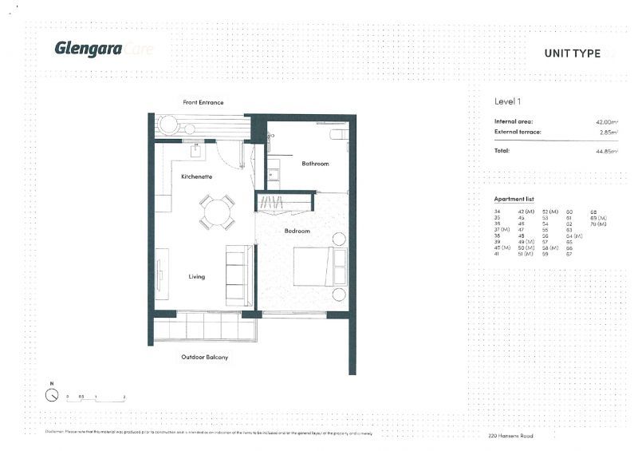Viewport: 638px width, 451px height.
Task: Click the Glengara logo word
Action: pyautogui.click(x=88, y=49)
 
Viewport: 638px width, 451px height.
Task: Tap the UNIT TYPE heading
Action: pyautogui.click(x=572, y=53)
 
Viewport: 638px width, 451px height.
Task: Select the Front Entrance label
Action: pyautogui.click(x=203, y=102)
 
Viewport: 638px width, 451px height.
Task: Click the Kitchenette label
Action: pyautogui.click(x=196, y=176)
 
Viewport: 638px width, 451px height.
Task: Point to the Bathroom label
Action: pyautogui.click(x=315, y=164)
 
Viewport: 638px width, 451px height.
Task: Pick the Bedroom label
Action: pyautogui.click(x=297, y=231)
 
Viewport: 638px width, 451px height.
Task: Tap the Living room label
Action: pyautogui.click(x=197, y=277)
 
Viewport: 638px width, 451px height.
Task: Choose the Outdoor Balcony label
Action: pyautogui.click(x=204, y=357)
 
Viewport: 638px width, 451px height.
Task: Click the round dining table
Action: pyautogui.click(x=217, y=212)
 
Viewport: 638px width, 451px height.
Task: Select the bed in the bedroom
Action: pyautogui.click(x=320, y=267)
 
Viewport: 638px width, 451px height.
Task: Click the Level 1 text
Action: pyautogui.click(x=508, y=101)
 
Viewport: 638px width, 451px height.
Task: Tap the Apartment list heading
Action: pyautogui.click(x=514, y=198)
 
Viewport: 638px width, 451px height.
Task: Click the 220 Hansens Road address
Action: pyautogui.click(x=510, y=436)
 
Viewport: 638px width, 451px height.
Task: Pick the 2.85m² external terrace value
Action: pyautogui.click(x=608, y=132)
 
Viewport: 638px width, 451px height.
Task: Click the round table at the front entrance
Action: pyautogui.click(x=167, y=125)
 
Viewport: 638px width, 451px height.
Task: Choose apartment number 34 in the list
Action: pyautogui.click(x=498, y=212)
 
